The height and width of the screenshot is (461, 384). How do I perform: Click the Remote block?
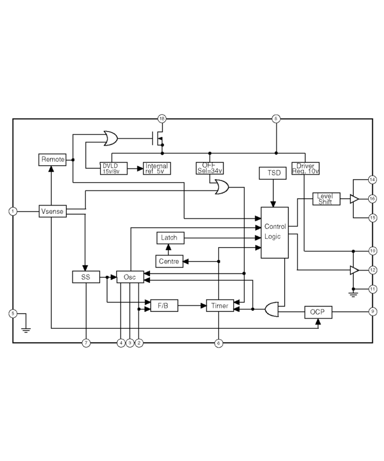click(x=53, y=159)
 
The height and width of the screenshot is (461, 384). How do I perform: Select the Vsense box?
click(x=53, y=211)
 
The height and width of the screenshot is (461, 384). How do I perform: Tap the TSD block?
click(x=273, y=173)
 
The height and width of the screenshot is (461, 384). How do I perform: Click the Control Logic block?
click(x=275, y=232)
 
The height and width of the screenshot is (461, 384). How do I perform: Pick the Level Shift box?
click(x=326, y=199)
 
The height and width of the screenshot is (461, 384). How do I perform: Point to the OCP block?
click(x=318, y=312)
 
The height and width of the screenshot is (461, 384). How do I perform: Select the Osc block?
click(x=130, y=277)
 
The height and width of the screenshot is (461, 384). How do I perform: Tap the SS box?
click(x=86, y=277)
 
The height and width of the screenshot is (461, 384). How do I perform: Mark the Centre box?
click(x=169, y=262)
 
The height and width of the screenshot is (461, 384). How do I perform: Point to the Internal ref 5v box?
click(x=157, y=168)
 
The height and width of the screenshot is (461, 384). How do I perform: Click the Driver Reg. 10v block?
click(x=305, y=168)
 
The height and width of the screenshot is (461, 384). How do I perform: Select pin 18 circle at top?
click(x=162, y=119)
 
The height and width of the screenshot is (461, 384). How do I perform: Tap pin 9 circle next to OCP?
click(x=372, y=312)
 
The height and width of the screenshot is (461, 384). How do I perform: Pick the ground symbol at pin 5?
click(x=26, y=328)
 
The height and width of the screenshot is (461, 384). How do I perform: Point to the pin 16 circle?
click(x=372, y=199)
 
